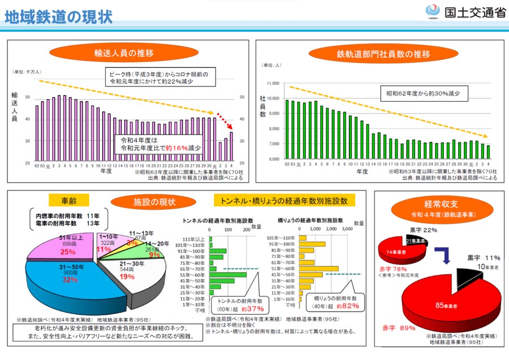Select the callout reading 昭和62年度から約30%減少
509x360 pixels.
(422, 93)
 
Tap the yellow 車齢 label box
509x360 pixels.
(75, 201)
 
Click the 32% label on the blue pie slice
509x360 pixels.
(70, 280)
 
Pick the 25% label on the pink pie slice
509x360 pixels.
(68, 252)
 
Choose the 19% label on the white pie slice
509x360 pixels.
(127, 277)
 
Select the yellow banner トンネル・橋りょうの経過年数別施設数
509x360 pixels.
(284, 201)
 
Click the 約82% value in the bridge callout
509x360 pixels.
(347, 306)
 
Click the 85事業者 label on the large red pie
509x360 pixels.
(446, 306)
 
